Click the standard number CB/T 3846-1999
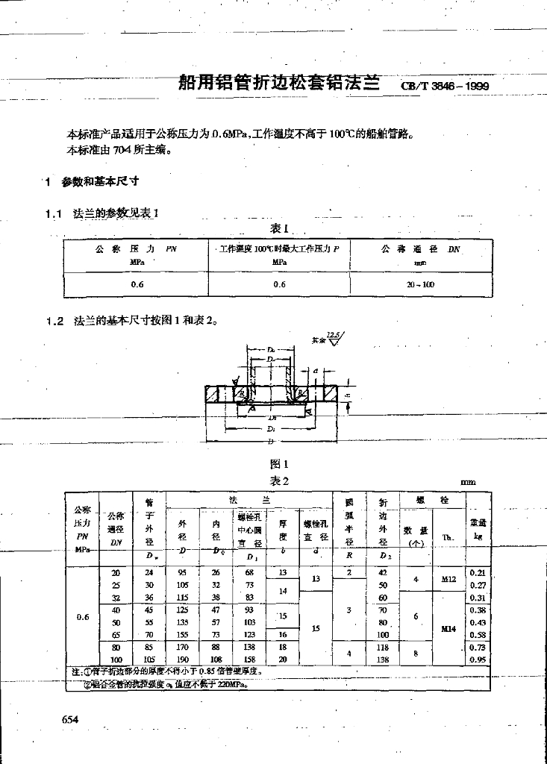445,86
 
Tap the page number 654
70,718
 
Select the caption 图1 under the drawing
279,464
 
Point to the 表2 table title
279,481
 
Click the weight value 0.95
478,660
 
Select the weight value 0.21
478,572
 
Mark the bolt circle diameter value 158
250,660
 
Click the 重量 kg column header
478,529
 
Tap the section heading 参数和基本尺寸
101,181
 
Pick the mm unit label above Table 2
469,483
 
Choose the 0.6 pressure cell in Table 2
82,616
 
